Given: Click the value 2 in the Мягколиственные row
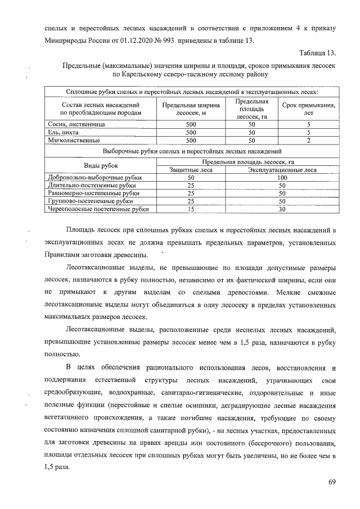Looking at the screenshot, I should (x=308, y=140).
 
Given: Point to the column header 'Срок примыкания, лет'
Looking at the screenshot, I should (x=308, y=109).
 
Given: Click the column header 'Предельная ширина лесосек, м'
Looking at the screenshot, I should (x=191, y=109).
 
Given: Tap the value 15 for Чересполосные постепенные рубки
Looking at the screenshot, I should (x=191, y=209).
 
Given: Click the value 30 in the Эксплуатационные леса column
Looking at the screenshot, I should (x=282, y=209).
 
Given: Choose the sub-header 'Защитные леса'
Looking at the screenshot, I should (x=191, y=169).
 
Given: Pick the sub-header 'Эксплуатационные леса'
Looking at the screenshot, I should (x=282, y=169).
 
